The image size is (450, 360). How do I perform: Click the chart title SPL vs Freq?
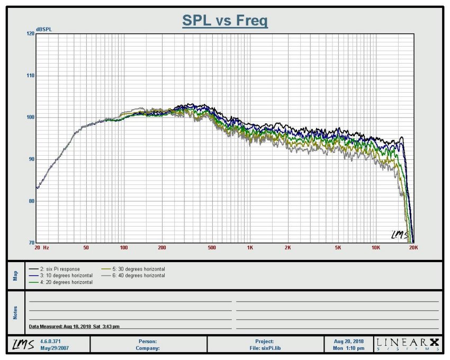click(225, 21)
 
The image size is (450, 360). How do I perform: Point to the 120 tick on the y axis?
click(30, 34)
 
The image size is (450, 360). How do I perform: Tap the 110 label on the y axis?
click(30, 76)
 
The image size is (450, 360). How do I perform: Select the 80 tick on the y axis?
click(31, 201)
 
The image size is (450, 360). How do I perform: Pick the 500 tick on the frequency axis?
click(212, 248)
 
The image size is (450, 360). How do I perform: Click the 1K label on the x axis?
click(250, 248)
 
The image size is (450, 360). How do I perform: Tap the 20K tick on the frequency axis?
click(413, 248)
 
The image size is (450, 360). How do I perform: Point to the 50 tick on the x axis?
click(86, 248)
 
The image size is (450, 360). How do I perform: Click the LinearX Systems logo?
click(408, 344)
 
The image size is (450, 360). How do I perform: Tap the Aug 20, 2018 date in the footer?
click(349, 341)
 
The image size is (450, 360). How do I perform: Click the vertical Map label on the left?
click(15, 275)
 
